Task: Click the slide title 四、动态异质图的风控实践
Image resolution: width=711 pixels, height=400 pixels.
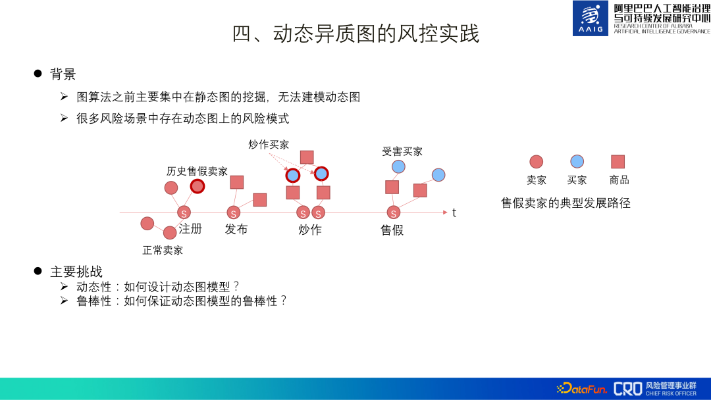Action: pyautogui.click(x=355, y=34)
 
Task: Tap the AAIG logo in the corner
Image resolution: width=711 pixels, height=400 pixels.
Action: pyautogui.click(x=591, y=18)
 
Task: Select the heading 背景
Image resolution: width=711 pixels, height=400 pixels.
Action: pyautogui.click(x=63, y=74)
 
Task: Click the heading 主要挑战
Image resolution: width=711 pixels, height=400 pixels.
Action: pyautogui.click(x=76, y=272)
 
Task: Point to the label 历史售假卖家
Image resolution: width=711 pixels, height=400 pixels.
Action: pyautogui.click(x=197, y=171)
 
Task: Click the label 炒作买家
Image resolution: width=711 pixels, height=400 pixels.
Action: pyautogui.click(x=269, y=145)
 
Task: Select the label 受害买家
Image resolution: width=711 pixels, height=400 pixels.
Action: pyautogui.click(x=402, y=151)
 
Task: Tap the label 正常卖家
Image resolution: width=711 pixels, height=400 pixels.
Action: pyautogui.click(x=163, y=250)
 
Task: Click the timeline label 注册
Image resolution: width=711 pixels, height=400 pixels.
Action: pyautogui.click(x=190, y=229)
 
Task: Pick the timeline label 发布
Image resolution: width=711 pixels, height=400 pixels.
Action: pyautogui.click(x=236, y=229)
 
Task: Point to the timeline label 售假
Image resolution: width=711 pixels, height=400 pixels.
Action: pyautogui.click(x=392, y=230)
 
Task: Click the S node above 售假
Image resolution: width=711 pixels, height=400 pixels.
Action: pyautogui.click(x=394, y=213)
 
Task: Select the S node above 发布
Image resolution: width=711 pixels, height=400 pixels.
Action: pyautogui.click(x=233, y=213)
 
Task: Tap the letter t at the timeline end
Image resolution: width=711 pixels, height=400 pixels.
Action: pyautogui.click(x=454, y=213)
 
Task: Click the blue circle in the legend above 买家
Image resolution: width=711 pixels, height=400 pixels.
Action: pyautogui.click(x=577, y=161)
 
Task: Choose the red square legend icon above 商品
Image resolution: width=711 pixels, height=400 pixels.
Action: pyautogui.click(x=618, y=161)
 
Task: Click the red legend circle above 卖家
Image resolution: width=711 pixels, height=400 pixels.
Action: pyautogui.click(x=537, y=161)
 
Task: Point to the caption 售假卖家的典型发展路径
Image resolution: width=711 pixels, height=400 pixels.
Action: pyautogui.click(x=566, y=203)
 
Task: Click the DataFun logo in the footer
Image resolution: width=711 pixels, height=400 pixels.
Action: pyautogui.click(x=582, y=388)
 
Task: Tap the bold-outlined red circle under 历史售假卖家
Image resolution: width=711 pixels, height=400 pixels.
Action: pyautogui.click(x=197, y=186)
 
